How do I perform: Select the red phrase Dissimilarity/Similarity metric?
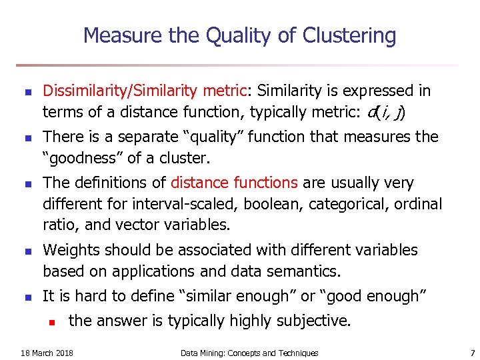147,91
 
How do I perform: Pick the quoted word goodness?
82,159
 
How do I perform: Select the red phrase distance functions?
234,183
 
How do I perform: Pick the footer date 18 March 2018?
47,353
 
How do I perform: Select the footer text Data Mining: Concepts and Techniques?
249,353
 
